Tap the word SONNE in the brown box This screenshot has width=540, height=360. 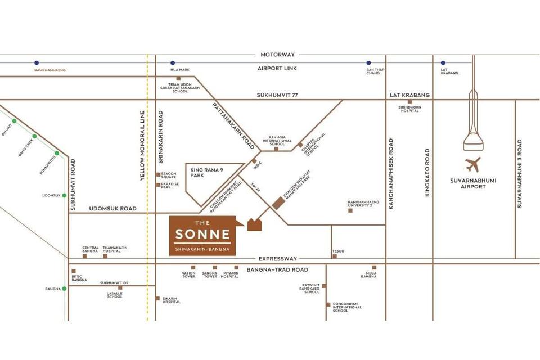coord(202,234)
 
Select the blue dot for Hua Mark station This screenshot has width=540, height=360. coord(173,63)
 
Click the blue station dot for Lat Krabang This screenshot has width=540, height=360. coord(443,63)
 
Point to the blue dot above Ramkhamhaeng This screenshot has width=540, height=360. coord(37,63)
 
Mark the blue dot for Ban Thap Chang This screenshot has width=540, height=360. coord(368,63)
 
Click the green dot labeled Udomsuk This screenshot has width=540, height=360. coord(64,195)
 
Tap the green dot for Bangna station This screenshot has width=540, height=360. coord(64,289)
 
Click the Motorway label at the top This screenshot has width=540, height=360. coord(277,55)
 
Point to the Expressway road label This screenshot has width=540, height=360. coord(277,259)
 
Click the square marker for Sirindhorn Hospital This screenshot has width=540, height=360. coord(410,102)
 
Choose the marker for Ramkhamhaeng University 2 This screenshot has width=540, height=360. coord(350,210)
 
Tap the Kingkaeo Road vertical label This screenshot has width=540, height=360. coord(427,172)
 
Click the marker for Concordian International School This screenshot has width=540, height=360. coord(328,304)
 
